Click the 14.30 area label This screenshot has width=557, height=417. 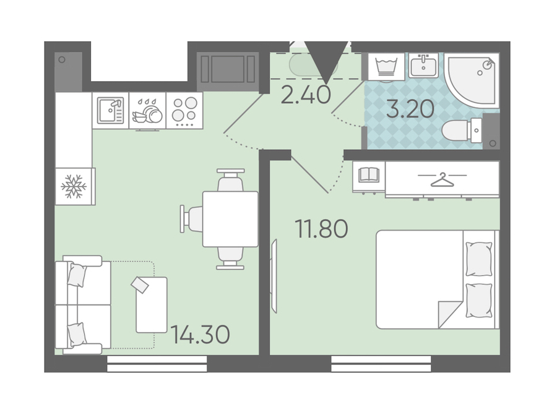point(201,334)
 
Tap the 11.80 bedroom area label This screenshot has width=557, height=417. point(321,229)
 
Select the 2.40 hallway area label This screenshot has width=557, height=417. point(306,95)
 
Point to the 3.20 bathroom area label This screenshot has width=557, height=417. point(410,109)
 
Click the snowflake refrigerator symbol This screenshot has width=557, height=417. point(74,186)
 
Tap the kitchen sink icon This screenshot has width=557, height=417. point(111,111)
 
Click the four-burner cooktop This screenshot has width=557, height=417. point(184,111)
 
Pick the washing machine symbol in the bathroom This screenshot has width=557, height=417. point(386,66)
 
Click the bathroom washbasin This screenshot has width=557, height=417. point(423,66)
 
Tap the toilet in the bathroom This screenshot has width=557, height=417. point(462,131)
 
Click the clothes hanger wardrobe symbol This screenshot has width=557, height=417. point(443,179)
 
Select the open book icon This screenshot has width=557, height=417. point(369,175)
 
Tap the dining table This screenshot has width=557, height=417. point(230,219)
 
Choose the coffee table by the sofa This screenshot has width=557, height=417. point(152,305)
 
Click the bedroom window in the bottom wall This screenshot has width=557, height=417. point(381,364)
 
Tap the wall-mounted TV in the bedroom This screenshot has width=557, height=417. point(274,276)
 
